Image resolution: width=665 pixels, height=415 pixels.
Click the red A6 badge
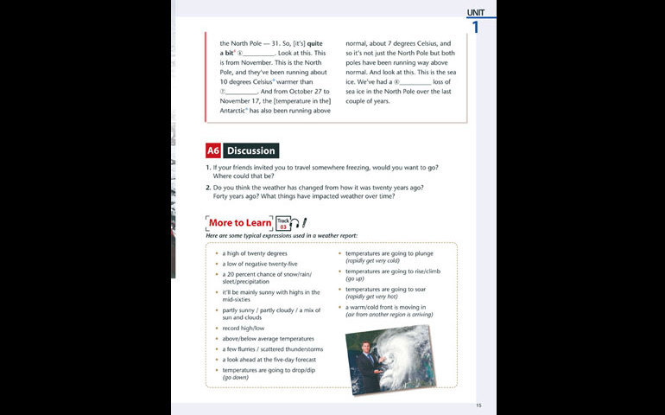212,150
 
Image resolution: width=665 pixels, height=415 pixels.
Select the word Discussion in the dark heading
250,150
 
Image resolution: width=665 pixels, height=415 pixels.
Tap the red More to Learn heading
239,222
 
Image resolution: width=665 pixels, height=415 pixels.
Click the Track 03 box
282,223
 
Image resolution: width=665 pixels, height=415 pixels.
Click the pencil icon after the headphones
305,223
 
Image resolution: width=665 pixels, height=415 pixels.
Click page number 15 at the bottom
478,405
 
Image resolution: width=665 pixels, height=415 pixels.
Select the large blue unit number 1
475,28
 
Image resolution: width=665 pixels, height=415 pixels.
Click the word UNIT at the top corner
477,12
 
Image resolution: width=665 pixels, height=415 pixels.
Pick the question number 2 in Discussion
208,187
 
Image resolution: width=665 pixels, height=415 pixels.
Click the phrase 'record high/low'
244,329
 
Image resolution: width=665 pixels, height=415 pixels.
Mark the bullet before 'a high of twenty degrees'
217,253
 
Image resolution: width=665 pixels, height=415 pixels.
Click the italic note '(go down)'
236,378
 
